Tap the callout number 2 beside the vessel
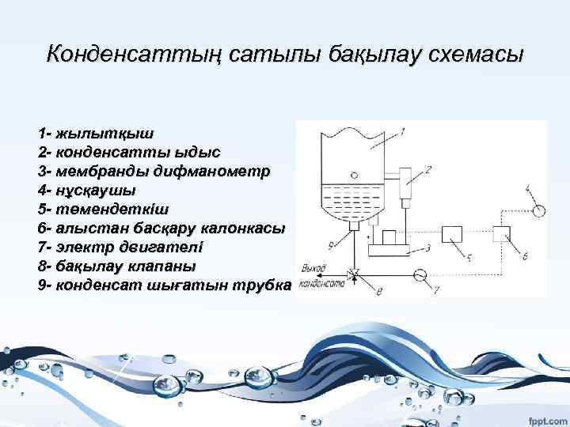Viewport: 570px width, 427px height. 427,168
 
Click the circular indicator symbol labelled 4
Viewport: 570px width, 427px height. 539,210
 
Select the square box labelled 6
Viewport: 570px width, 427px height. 503,234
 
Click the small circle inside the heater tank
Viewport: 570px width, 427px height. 355,176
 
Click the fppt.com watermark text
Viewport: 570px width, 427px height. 542,414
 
